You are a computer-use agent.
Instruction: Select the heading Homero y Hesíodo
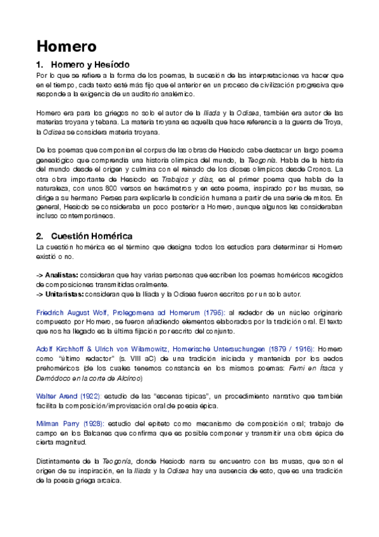(90, 65)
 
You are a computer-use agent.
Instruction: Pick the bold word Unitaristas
(66, 294)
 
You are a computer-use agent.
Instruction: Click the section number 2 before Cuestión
(39, 236)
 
